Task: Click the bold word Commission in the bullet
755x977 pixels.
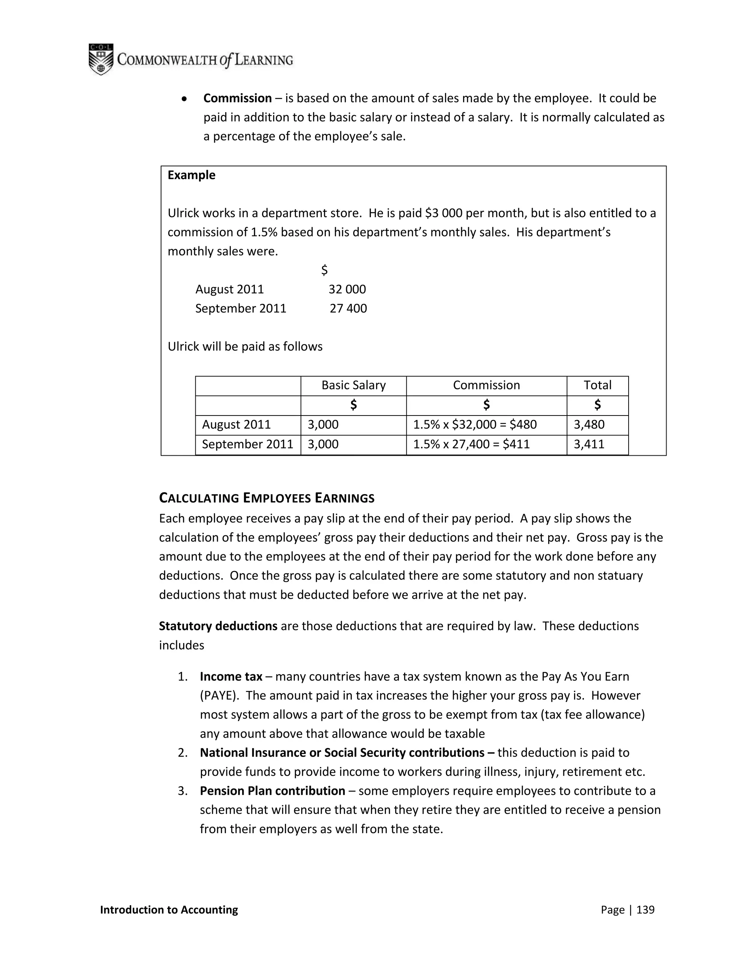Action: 237,98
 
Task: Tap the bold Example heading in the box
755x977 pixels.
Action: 191,175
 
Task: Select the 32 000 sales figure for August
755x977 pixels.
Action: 347,289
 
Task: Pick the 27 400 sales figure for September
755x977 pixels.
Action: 348,309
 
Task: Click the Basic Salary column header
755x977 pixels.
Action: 353,385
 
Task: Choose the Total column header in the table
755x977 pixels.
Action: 597,385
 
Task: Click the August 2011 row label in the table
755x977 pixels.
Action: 236,424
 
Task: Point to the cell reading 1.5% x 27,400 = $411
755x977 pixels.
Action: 471,444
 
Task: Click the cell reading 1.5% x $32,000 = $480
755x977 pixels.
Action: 474,424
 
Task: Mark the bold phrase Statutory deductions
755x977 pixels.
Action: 218,626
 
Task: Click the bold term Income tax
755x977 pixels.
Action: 231,677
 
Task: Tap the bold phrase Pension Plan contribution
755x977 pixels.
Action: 272,791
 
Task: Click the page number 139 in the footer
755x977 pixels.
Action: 645,910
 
